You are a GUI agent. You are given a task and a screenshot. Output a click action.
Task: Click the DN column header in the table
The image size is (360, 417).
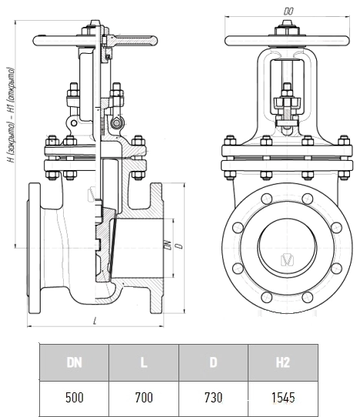74,362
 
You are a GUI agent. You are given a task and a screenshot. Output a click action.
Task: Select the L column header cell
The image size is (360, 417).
144,362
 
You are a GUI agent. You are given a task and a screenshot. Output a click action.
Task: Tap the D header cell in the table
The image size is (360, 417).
213,362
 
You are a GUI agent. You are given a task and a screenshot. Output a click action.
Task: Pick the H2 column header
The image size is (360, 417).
283,362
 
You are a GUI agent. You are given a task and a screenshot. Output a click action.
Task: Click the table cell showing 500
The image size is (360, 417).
74,398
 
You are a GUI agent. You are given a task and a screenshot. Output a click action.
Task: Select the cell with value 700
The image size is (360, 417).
144,398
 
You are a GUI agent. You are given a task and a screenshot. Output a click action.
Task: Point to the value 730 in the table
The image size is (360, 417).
213,398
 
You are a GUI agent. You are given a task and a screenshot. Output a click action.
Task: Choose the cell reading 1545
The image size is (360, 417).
283,398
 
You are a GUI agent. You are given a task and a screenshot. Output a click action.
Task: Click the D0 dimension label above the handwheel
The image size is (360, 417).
288,12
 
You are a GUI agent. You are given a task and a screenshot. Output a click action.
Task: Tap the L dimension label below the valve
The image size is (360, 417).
95,321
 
